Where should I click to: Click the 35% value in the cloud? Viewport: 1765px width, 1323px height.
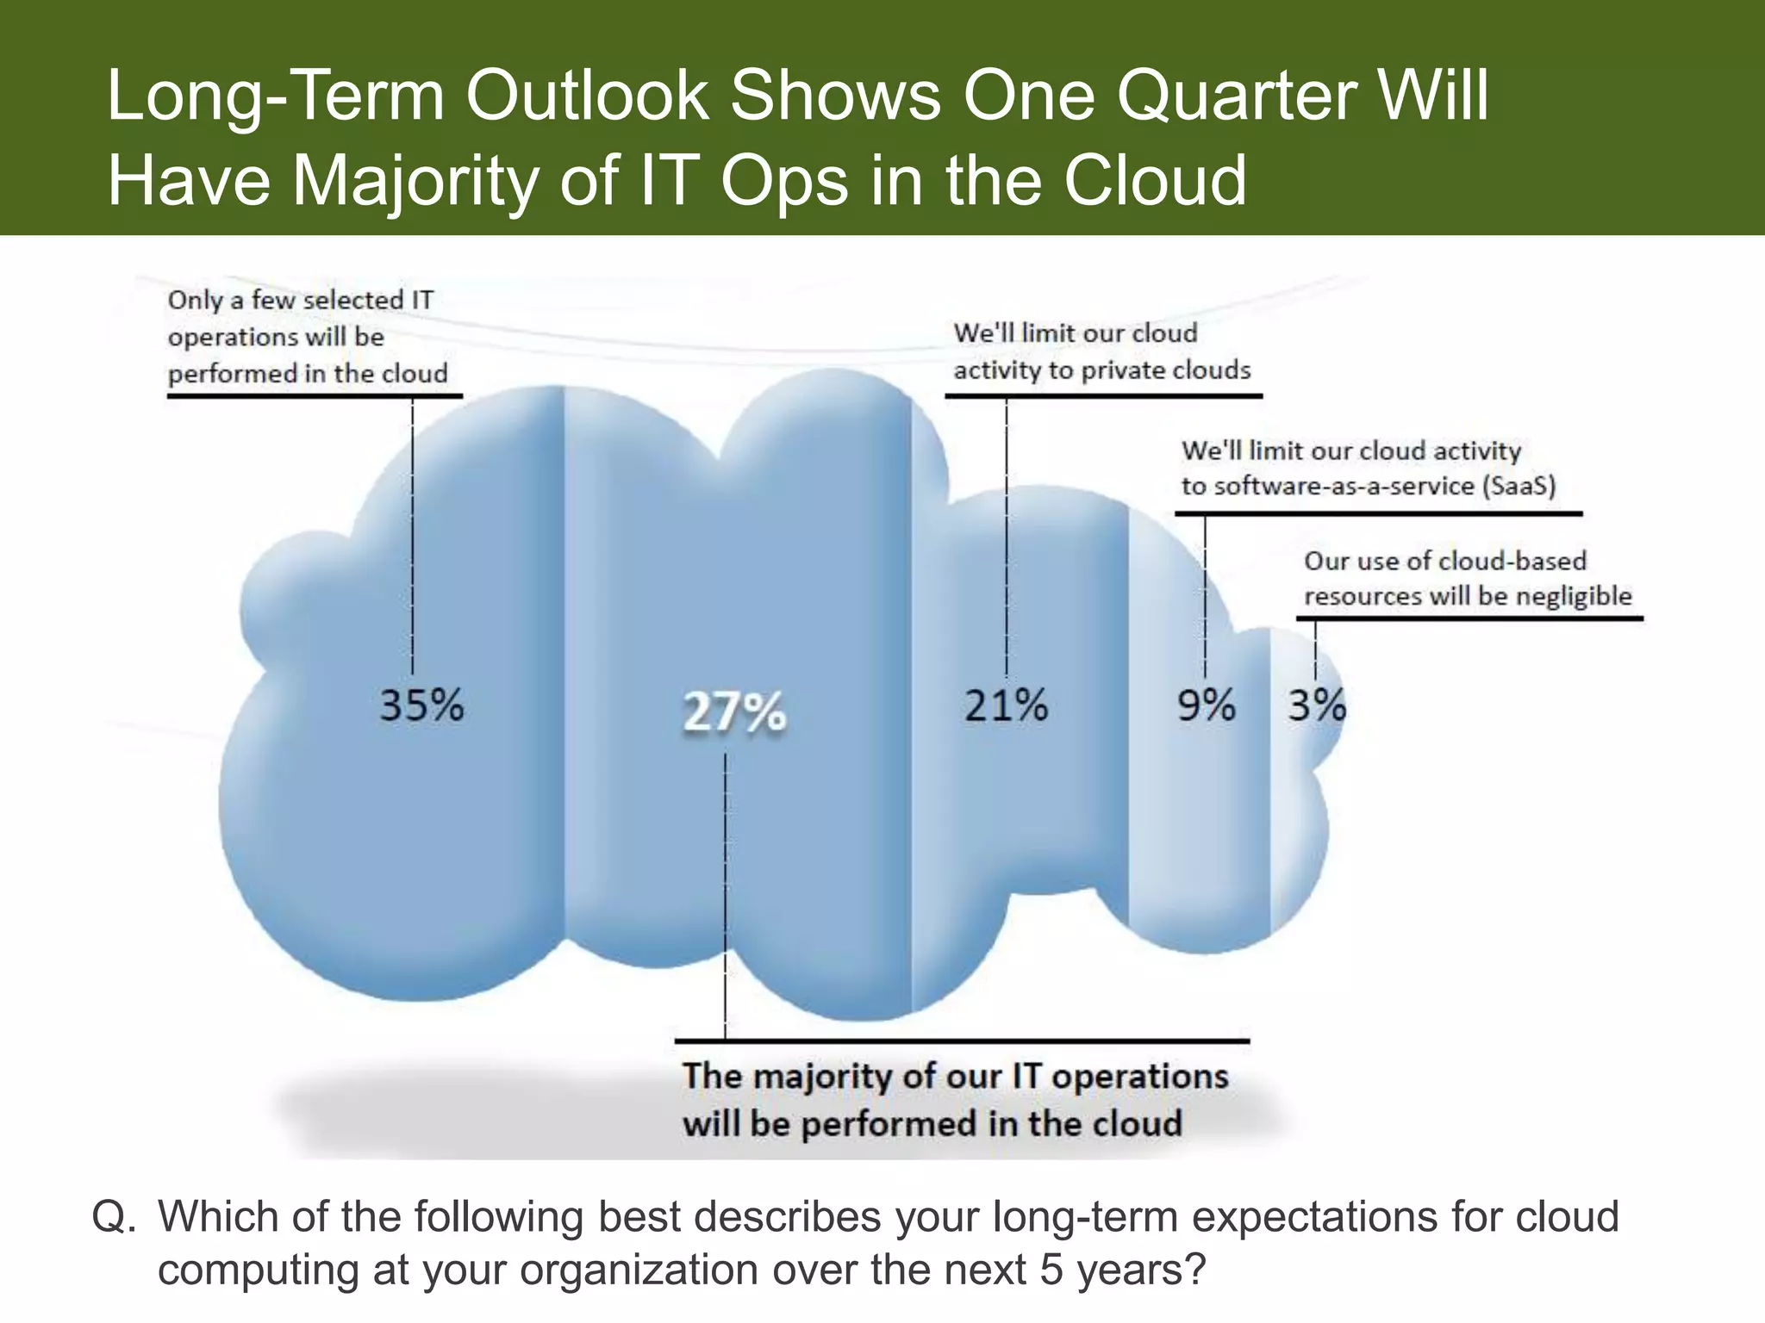(x=421, y=706)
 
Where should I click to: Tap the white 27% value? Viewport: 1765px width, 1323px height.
(x=734, y=713)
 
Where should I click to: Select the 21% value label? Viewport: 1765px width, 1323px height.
(x=1006, y=706)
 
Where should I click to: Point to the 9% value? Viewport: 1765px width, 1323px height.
(x=1207, y=706)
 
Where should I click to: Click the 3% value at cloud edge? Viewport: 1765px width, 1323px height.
(x=1316, y=706)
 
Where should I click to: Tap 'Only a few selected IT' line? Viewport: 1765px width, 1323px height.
(x=301, y=300)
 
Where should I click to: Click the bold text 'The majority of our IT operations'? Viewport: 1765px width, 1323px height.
(x=955, y=1077)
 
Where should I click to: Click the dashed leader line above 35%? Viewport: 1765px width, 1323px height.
(x=412, y=534)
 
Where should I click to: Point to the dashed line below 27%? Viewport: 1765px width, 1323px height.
(x=725, y=896)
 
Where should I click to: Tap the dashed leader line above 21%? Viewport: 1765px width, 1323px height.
(x=1006, y=534)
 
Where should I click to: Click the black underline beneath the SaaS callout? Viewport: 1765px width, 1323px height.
(x=1379, y=514)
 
